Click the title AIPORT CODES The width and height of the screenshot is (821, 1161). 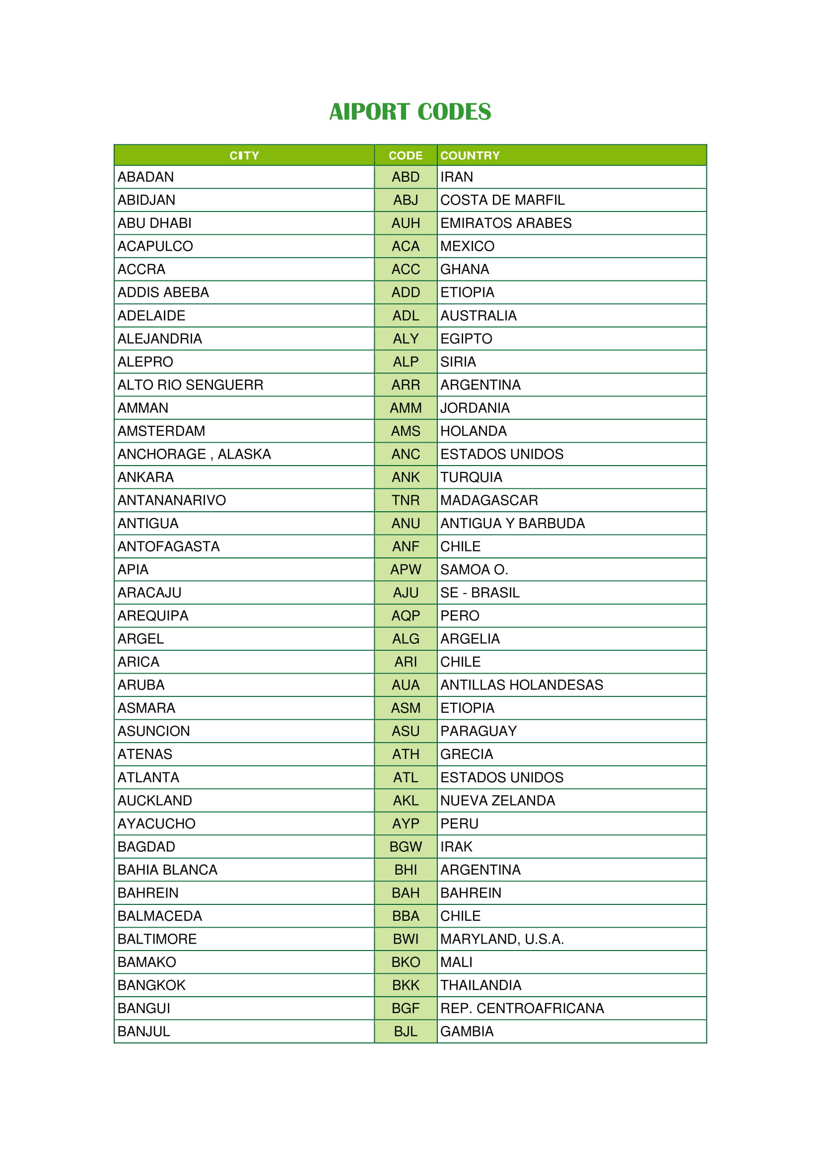410,112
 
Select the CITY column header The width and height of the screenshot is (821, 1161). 244,155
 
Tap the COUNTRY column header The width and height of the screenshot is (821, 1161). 470,155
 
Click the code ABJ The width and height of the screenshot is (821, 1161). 406,200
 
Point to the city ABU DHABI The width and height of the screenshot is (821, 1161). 155,223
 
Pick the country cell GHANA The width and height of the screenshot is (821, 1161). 465,270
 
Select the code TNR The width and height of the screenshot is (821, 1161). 406,500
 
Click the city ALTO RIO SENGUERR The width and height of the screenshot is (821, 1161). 191,385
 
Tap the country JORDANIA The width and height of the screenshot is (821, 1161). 475,408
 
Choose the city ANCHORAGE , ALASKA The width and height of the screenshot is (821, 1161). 194,454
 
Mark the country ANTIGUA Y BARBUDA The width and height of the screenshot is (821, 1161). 512,523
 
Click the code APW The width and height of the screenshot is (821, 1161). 406,569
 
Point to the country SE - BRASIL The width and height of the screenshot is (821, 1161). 480,593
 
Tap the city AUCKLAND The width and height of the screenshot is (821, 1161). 155,801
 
